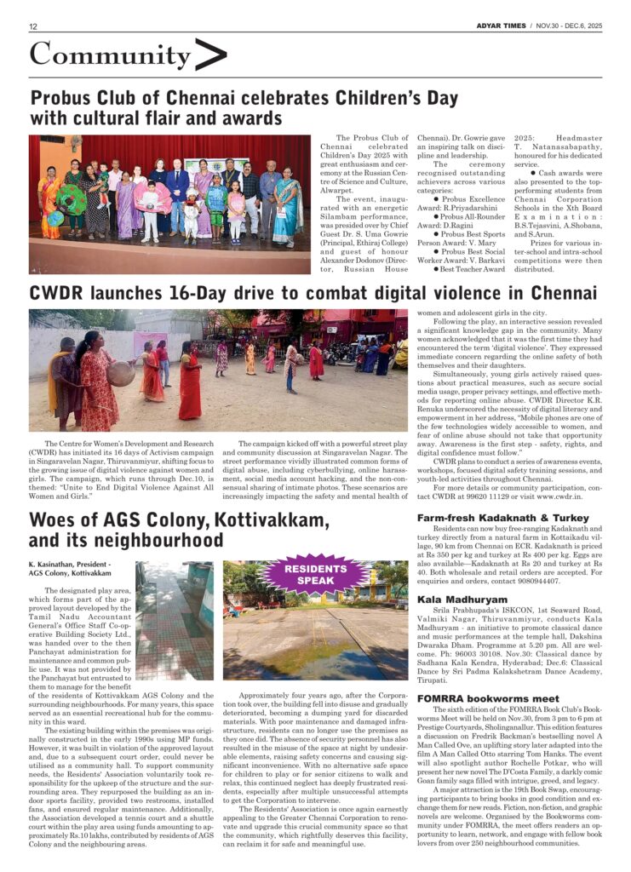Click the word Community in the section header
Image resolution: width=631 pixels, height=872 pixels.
110,55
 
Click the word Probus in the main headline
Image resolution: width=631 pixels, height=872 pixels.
62,96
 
